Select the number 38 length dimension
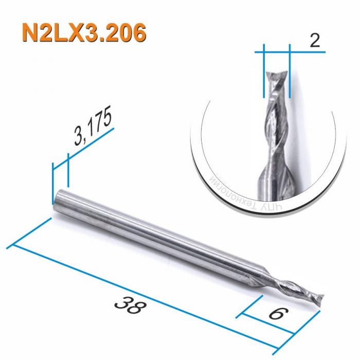126,308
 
